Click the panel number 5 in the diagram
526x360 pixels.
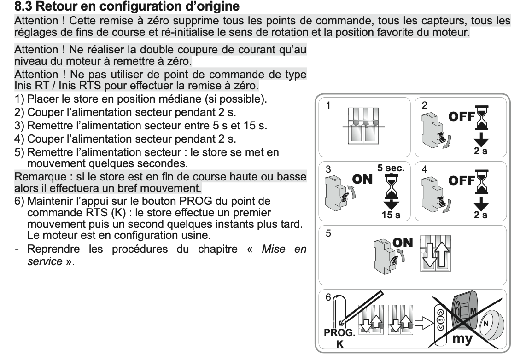click(x=328, y=233)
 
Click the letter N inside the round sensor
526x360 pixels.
click(x=485, y=323)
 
